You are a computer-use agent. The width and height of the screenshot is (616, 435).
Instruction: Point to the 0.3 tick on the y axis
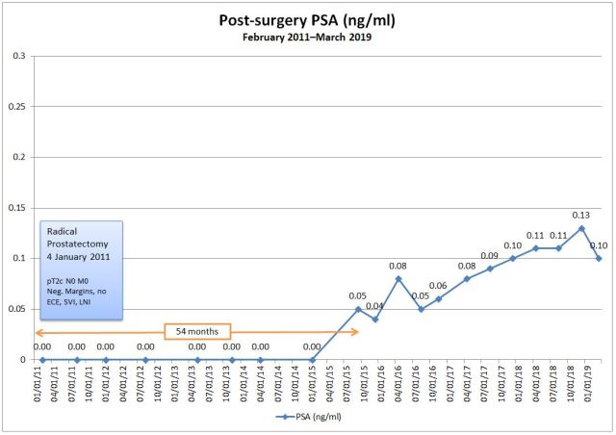pyautogui.click(x=19, y=56)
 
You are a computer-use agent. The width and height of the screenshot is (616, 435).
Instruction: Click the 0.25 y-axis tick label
pyautogui.click(x=16, y=107)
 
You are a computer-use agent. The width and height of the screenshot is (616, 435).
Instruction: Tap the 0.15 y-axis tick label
pyautogui.click(x=16, y=208)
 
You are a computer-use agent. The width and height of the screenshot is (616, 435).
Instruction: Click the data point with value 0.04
pyautogui.click(x=375, y=319)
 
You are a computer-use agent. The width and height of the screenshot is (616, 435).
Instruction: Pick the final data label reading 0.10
pyautogui.click(x=598, y=245)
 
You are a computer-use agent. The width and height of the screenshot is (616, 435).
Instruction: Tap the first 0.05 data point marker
pyautogui.click(x=358, y=309)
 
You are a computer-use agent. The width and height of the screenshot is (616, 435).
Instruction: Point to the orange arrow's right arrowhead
pyautogui.click(x=356, y=331)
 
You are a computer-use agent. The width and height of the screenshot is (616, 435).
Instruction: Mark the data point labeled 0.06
pyautogui.click(x=438, y=298)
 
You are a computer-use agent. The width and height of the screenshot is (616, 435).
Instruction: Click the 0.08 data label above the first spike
pyautogui.click(x=398, y=266)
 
